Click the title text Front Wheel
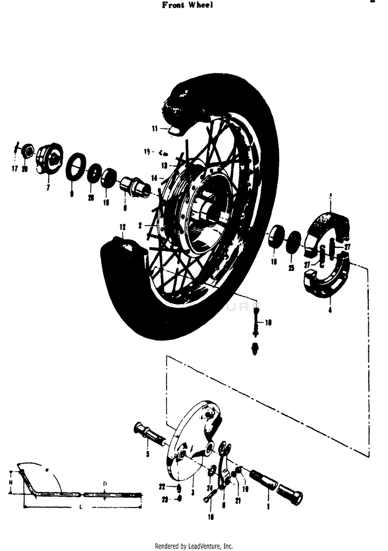[x=188, y=5]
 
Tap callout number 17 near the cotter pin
[x=14, y=169]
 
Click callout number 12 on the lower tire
[x=123, y=227]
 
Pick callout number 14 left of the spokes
[x=154, y=178]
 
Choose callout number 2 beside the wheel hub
[x=140, y=226]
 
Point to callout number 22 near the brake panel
[x=162, y=487]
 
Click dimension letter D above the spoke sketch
[x=105, y=483]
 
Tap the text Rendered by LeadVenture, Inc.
[x=194, y=546]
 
